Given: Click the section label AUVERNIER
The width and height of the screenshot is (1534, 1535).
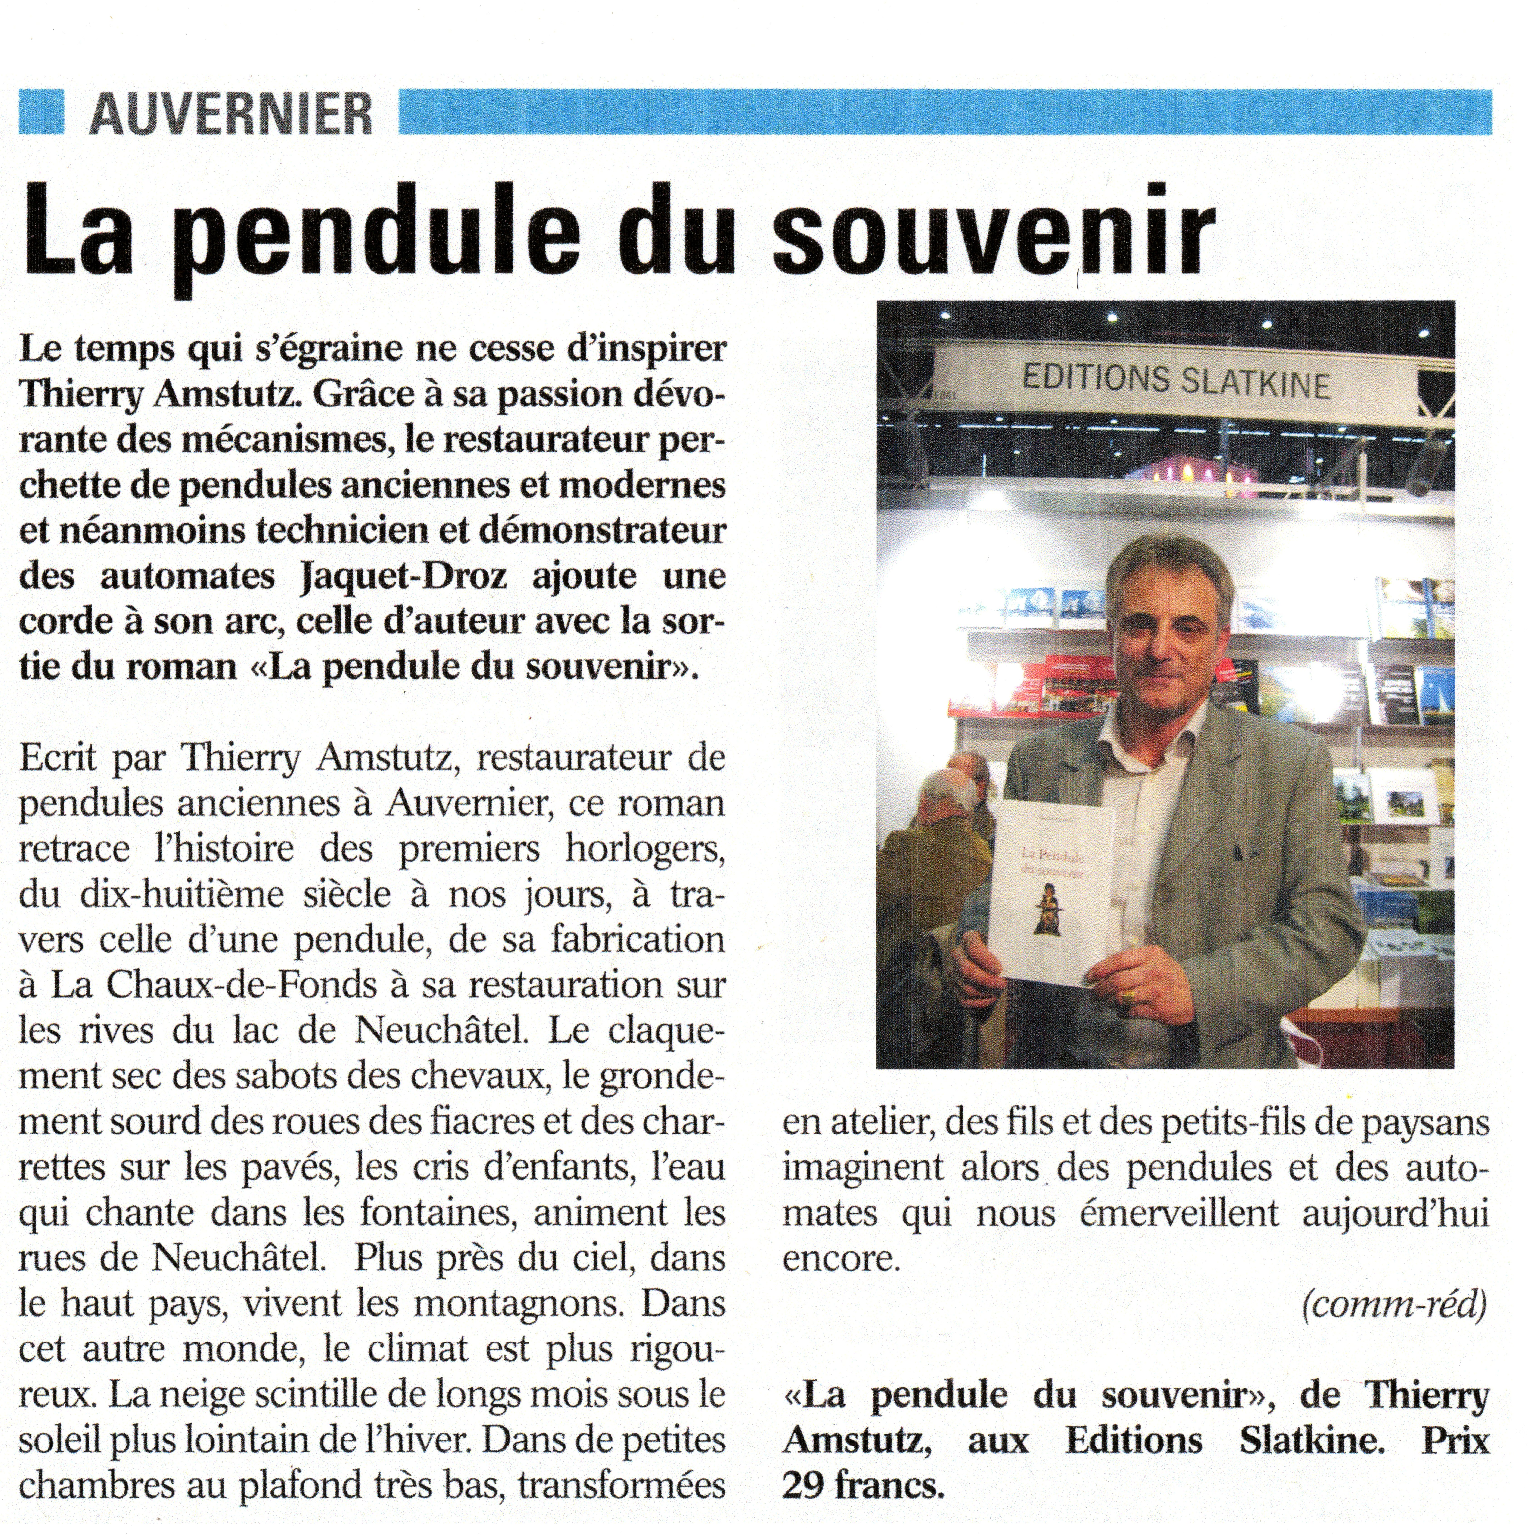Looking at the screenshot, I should tap(230, 114).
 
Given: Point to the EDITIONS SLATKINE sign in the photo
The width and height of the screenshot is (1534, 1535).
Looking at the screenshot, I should tap(1176, 380).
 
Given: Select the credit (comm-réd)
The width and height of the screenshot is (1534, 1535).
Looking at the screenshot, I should tap(1394, 1305).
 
